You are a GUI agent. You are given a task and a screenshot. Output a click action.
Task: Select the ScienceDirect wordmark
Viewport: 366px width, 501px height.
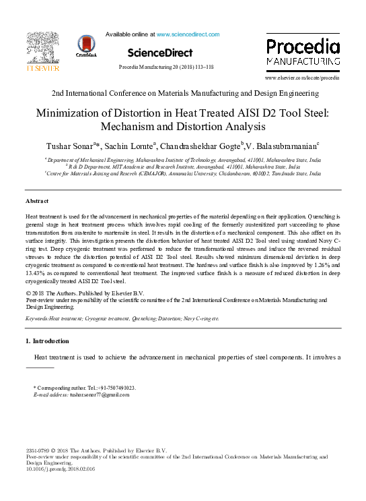click(x=160, y=53)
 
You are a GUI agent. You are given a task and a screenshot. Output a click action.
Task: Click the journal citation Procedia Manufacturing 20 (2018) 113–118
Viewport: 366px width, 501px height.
click(x=166, y=67)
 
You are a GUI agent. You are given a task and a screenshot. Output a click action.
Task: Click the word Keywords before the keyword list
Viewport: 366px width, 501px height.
click(x=37, y=317)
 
